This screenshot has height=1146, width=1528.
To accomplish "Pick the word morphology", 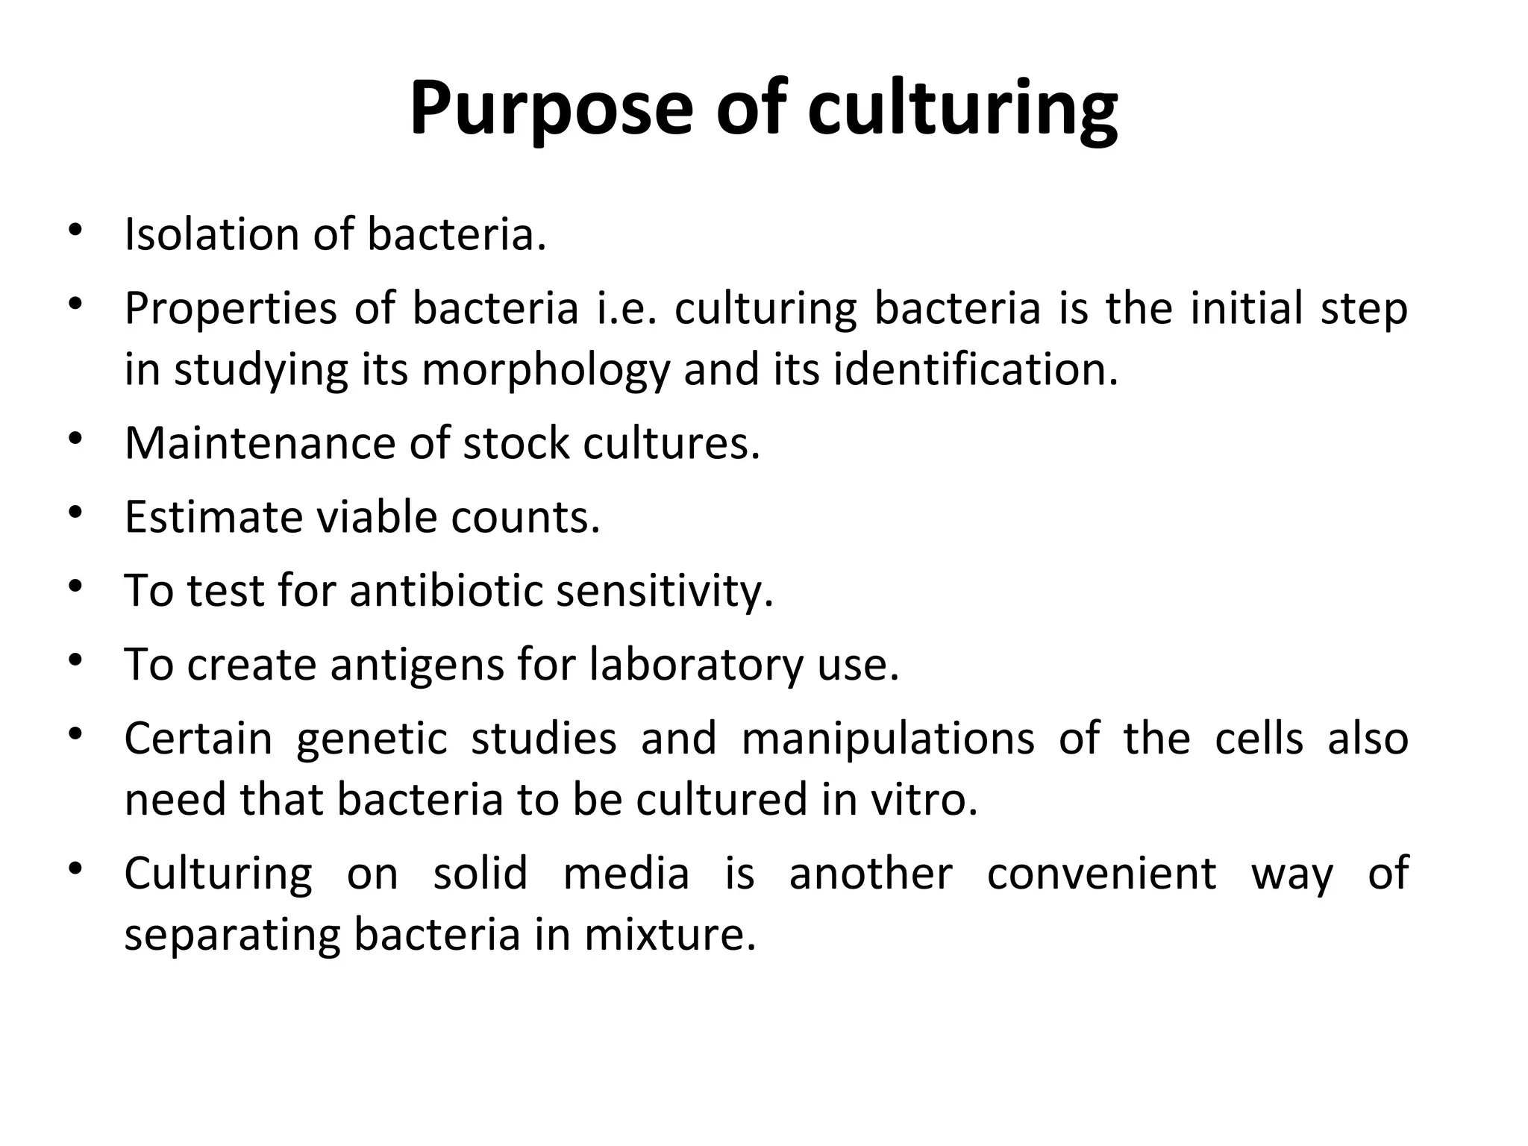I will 547,371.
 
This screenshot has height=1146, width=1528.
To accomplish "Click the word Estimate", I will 213,517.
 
